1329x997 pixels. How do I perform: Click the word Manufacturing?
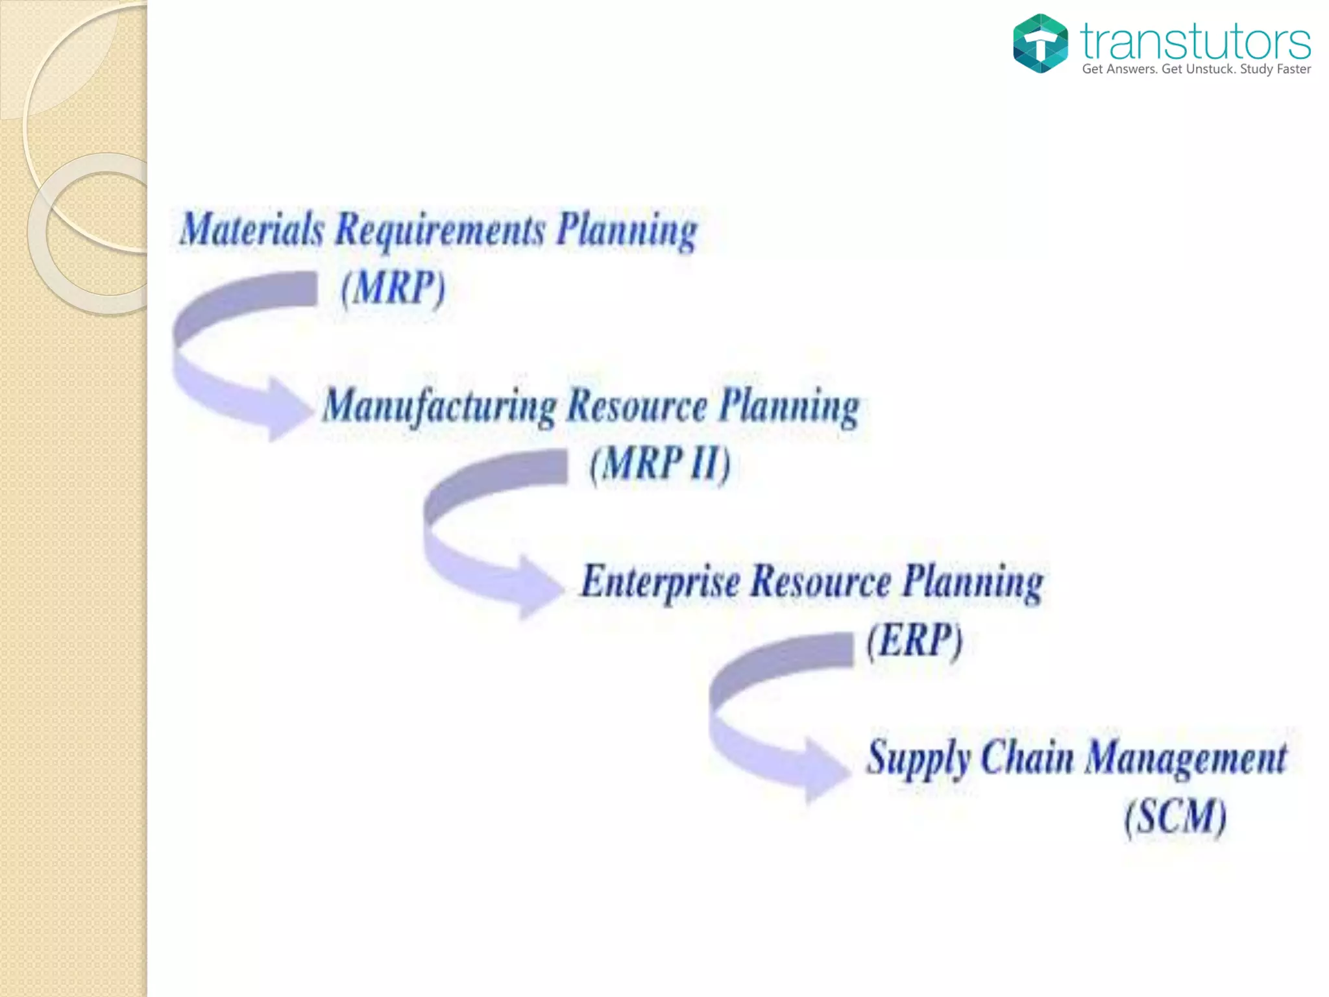(439, 406)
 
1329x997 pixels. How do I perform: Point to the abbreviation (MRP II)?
(660, 463)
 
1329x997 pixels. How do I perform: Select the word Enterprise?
(660, 582)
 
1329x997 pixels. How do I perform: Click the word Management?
(1186, 758)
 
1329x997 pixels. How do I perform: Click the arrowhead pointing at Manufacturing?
(289, 409)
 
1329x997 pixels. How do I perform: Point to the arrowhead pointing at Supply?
(825, 770)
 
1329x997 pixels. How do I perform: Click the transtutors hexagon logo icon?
(1040, 43)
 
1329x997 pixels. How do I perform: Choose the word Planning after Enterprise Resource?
(973, 582)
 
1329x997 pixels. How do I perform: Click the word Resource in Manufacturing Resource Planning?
(637, 406)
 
